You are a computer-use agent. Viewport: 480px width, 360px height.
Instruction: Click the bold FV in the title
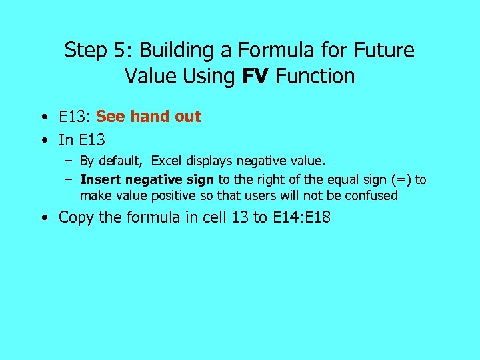tap(255, 76)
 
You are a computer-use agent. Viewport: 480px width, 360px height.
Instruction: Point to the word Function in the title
tap(315, 76)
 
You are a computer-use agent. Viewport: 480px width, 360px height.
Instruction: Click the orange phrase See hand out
tap(149, 117)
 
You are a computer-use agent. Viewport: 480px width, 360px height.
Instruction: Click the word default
tap(125, 161)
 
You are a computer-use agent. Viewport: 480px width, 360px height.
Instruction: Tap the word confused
tap(370, 195)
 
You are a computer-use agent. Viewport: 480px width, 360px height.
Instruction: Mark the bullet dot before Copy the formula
tap(43, 217)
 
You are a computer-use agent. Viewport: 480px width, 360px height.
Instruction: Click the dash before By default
tap(69, 161)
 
